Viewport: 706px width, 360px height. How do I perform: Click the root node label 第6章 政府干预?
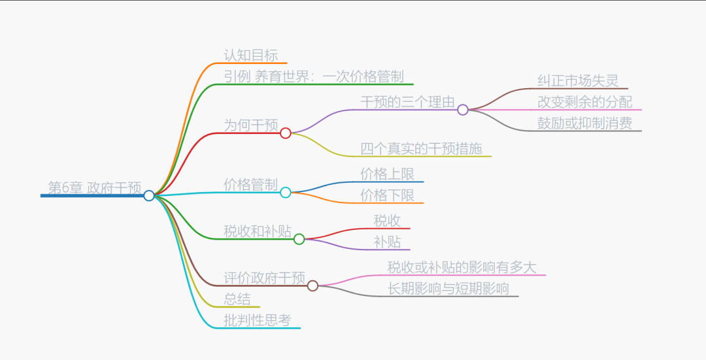[x=95, y=188]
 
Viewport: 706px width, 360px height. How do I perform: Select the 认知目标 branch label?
[x=251, y=55]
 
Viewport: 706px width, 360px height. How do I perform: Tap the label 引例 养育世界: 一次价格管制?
[x=314, y=76]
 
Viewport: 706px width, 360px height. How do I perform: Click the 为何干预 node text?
[x=251, y=125]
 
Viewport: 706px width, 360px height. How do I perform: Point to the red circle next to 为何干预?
[x=286, y=133]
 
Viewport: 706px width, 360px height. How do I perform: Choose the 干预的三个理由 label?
[x=407, y=101]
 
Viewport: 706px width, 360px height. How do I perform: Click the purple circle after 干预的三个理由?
[x=463, y=110]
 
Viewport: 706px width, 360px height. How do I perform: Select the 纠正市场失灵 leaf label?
[x=578, y=81]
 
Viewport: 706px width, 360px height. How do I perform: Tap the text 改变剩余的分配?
[x=585, y=102]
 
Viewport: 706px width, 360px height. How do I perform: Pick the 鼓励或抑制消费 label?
[x=585, y=123]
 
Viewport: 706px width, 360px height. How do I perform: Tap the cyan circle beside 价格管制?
[x=286, y=193]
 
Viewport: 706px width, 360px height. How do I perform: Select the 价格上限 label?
[x=388, y=174]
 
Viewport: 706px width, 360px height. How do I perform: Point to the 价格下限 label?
[x=388, y=195]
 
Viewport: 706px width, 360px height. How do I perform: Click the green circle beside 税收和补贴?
[x=299, y=239]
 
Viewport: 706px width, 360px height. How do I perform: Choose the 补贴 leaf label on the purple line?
[x=388, y=241]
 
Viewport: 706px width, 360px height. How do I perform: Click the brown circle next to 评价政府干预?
[x=313, y=286]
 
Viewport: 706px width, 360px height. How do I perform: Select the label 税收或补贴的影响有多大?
[x=462, y=267]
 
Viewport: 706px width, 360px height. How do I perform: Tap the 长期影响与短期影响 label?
[x=448, y=288]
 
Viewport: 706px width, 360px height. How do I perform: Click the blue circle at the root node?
[x=149, y=195]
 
